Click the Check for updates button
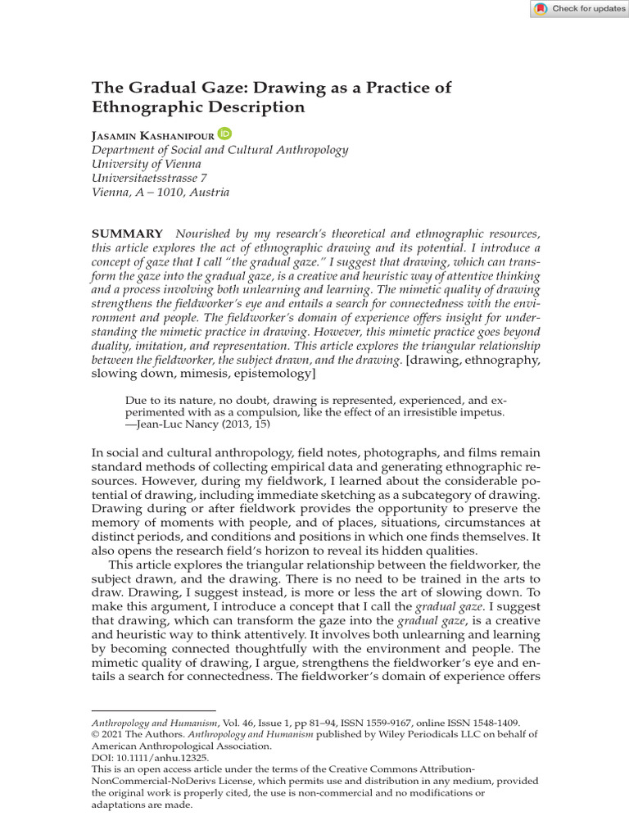[579, 9]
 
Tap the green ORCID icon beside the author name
[225, 134]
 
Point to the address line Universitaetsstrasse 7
[149, 178]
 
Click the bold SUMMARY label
[127, 234]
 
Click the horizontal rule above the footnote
[153, 710]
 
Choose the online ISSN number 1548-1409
[493, 723]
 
